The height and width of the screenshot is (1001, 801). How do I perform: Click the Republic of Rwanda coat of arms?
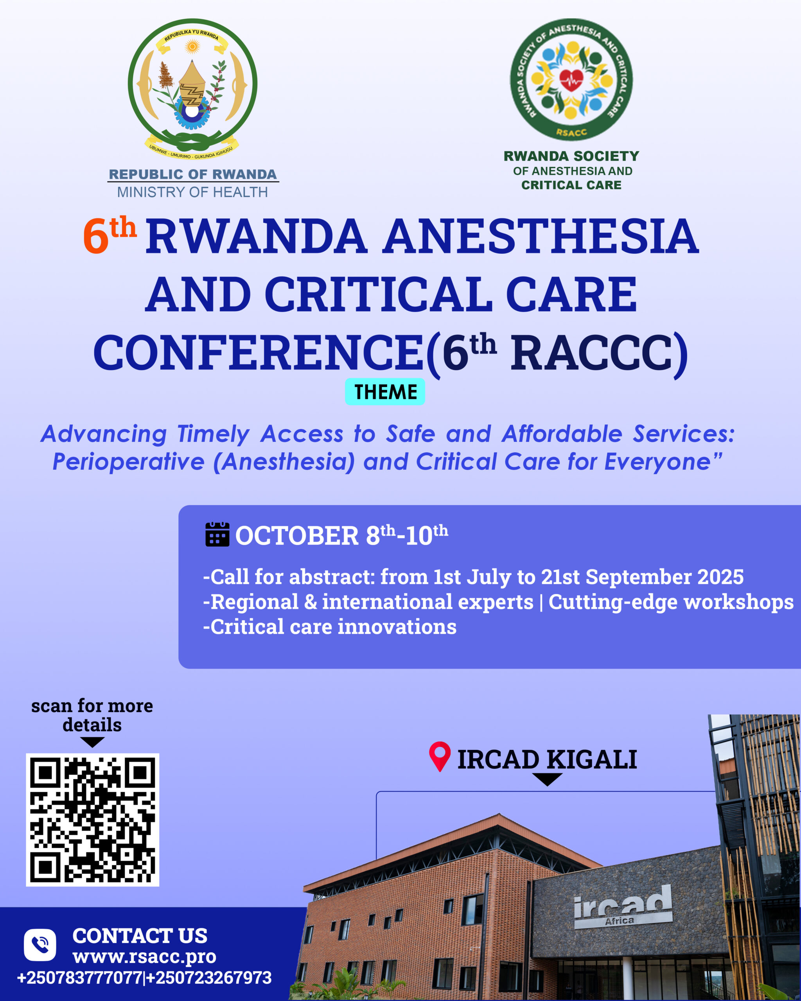[x=192, y=89]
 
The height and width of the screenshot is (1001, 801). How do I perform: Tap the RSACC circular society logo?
[x=571, y=79]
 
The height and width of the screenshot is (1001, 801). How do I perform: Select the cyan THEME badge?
[x=385, y=391]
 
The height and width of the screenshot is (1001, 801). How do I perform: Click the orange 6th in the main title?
[x=110, y=235]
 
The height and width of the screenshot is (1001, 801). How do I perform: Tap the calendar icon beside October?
[x=217, y=535]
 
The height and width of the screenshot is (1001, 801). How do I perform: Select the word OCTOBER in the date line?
[x=297, y=536]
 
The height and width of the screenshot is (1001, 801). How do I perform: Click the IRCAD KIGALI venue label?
[x=547, y=760]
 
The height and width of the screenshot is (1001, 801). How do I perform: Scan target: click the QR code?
[x=92, y=820]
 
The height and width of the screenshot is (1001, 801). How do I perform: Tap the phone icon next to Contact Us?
[x=40, y=945]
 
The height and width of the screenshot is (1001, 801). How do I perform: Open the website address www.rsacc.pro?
[x=144, y=957]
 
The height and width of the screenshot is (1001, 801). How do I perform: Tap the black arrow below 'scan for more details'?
[x=92, y=741]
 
